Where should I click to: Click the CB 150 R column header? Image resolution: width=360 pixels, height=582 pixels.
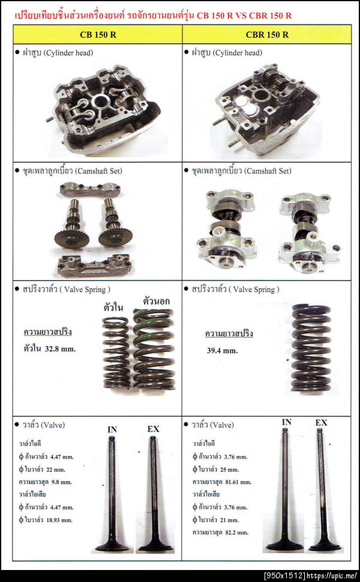click(x=98, y=34)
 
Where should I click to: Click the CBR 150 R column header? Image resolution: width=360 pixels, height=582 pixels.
click(x=268, y=34)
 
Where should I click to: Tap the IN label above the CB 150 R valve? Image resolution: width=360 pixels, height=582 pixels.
click(x=112, y=429)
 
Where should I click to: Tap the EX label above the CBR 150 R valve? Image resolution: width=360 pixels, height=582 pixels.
click(x=322, y=422)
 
